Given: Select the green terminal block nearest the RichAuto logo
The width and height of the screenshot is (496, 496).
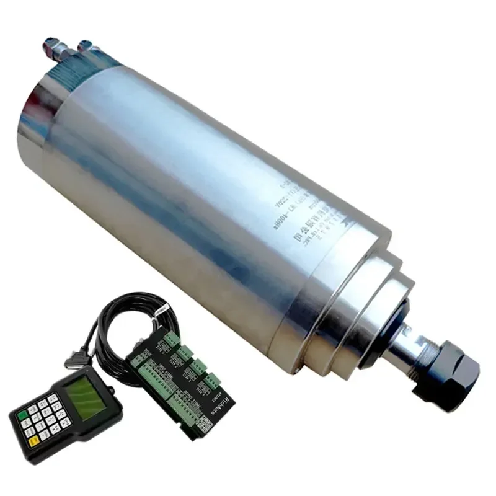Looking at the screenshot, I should click(212, 381).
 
